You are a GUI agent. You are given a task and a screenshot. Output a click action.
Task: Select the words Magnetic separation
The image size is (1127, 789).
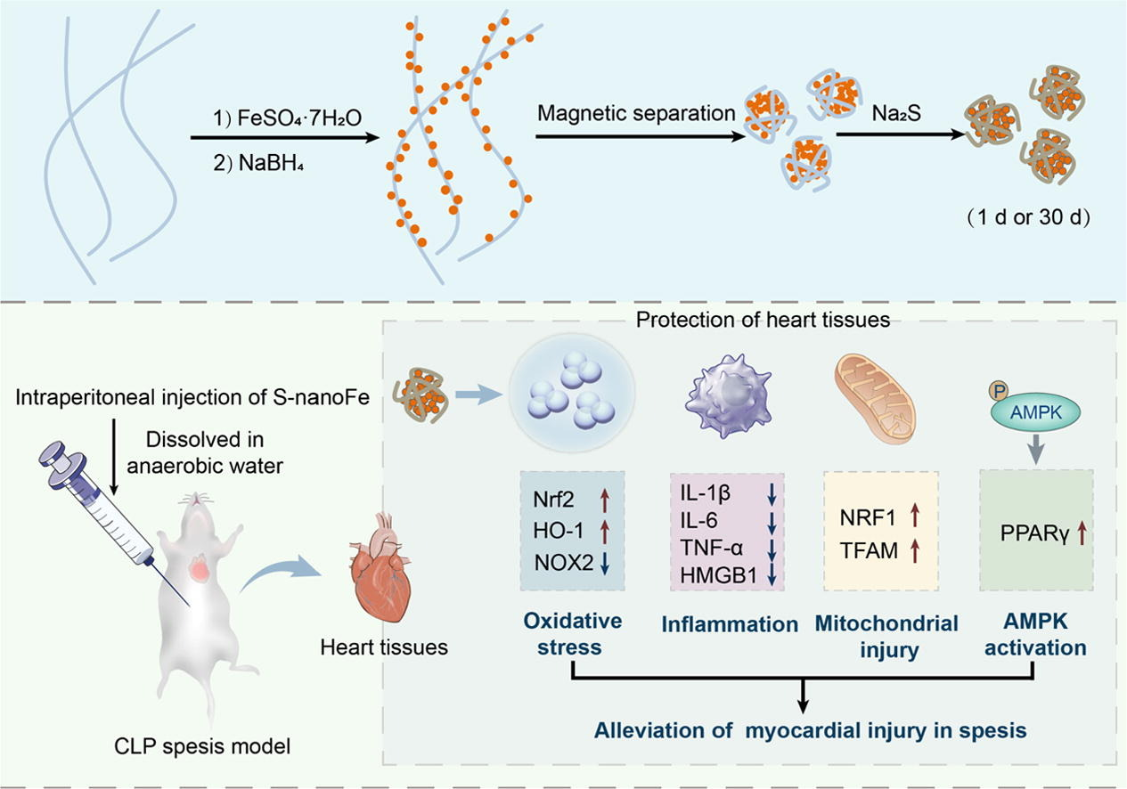click(636, 114)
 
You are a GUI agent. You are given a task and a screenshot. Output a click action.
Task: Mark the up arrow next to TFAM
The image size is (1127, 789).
click(913, 549)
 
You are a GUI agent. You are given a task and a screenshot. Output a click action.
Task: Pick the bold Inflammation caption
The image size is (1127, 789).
click(730, 624)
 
